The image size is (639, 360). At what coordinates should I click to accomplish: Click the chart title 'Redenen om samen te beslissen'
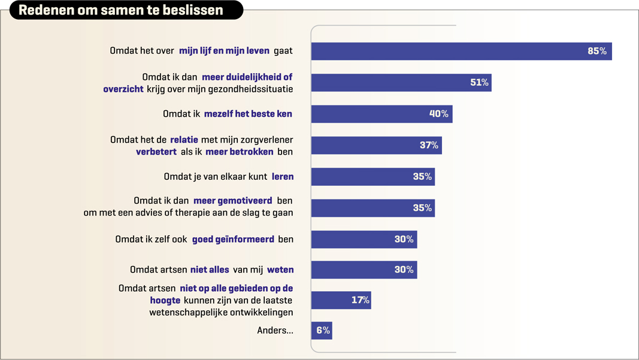121,10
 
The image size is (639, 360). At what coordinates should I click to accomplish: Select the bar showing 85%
461,52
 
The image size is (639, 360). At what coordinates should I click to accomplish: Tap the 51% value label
479,83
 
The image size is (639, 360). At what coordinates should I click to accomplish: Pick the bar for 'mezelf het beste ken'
381,114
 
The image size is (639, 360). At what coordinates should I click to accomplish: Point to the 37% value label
429,145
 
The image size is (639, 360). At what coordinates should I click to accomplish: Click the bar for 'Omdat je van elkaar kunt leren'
373,177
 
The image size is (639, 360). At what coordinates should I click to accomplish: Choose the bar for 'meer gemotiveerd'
373,208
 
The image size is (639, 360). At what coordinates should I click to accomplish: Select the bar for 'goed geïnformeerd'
364,239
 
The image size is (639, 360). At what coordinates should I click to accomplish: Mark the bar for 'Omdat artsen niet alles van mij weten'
364,270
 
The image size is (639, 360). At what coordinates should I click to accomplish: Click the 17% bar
341,300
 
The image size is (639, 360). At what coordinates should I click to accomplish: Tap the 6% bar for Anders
322,331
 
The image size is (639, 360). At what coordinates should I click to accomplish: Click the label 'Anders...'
275,331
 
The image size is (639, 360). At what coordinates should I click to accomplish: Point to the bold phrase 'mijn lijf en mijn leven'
224,51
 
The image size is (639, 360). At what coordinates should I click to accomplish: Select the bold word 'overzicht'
123,89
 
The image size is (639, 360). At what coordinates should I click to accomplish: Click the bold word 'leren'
283,177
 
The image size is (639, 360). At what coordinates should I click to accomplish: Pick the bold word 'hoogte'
165,300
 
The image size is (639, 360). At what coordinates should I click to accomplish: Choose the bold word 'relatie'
184,140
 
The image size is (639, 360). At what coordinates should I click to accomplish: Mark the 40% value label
438,114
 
